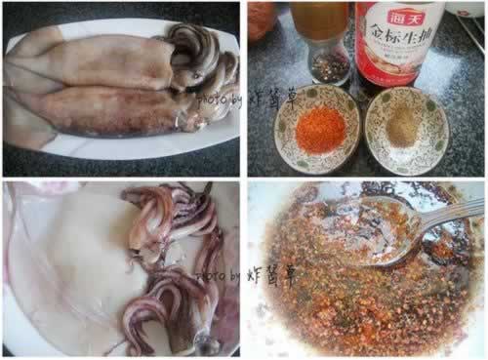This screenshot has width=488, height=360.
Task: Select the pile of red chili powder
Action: click(x=320, y=130)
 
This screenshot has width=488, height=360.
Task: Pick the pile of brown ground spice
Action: click(x=403, y=130)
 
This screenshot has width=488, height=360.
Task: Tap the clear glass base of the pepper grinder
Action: click(x=330, y=66)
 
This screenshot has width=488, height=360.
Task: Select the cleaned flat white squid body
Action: click(x=68, y=259)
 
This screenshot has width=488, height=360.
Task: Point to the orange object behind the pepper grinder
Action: click(x=261, y=20)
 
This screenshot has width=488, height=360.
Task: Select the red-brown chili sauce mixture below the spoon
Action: click(x=351, y=302)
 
